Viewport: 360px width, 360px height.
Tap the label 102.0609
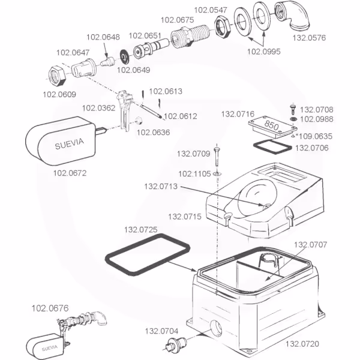click(x=59, y=94)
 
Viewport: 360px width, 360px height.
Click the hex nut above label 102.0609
click(x=57, y=74)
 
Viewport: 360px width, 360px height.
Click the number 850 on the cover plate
click(x=271, y=127)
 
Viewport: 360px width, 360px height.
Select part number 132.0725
click(x=140, y=229)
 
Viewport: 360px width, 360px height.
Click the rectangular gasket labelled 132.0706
click(x=269, y=146)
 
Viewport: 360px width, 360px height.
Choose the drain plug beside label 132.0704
click(x=176, y=345)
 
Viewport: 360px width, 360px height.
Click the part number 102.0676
click(x=50, y=308)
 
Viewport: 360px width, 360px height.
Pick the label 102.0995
click(x=263, y=51)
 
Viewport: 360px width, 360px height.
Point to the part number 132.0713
click(x=160, y=185)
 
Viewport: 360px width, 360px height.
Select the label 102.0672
click(x=70, y=175)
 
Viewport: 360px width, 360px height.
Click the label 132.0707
click(x=310, y=244)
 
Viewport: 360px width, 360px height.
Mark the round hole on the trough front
click(x=215, y=329)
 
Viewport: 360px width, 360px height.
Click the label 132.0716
click(x=238, y=113)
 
